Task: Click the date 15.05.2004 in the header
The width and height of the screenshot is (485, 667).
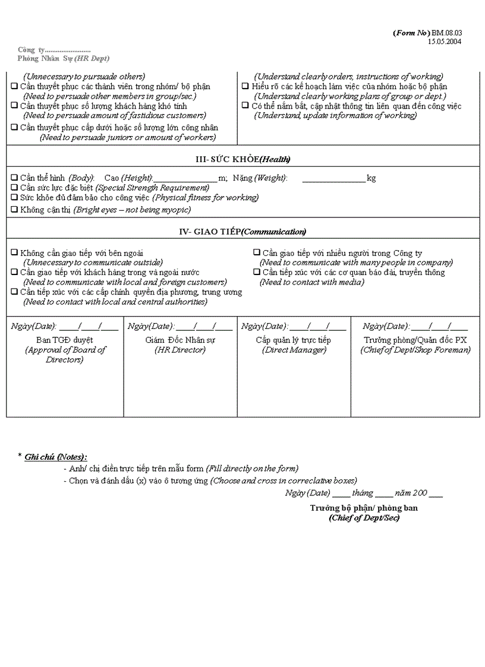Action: (x=445, y=42)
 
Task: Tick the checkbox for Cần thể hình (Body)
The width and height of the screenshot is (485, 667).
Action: (x=14, y=178)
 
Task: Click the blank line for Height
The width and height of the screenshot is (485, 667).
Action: (x=185, y=179)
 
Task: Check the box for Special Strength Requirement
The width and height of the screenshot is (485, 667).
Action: (x=14, y=188)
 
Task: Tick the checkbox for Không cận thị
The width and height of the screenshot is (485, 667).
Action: (x=14, y=210)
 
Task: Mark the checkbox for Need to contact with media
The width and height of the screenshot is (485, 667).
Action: (x=257, y=273)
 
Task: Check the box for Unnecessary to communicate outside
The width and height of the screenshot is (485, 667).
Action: (x=14, y=253)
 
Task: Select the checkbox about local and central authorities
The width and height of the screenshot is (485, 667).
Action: (x=14, y=292)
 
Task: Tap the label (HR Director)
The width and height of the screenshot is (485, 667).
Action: (x=180, y=350)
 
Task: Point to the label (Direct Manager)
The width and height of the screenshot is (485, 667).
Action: (x=294, y=350)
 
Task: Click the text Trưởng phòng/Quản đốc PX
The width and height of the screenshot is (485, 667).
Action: (x=415, y=340)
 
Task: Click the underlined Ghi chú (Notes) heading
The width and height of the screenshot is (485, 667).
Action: (x=55, y=457)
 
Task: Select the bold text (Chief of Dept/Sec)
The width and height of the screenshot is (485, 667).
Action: (x=364, y=518)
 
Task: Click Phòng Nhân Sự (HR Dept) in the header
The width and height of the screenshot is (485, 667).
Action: (x=63, y=58)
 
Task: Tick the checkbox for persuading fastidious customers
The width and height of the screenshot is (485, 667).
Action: (x=14, y=106)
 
